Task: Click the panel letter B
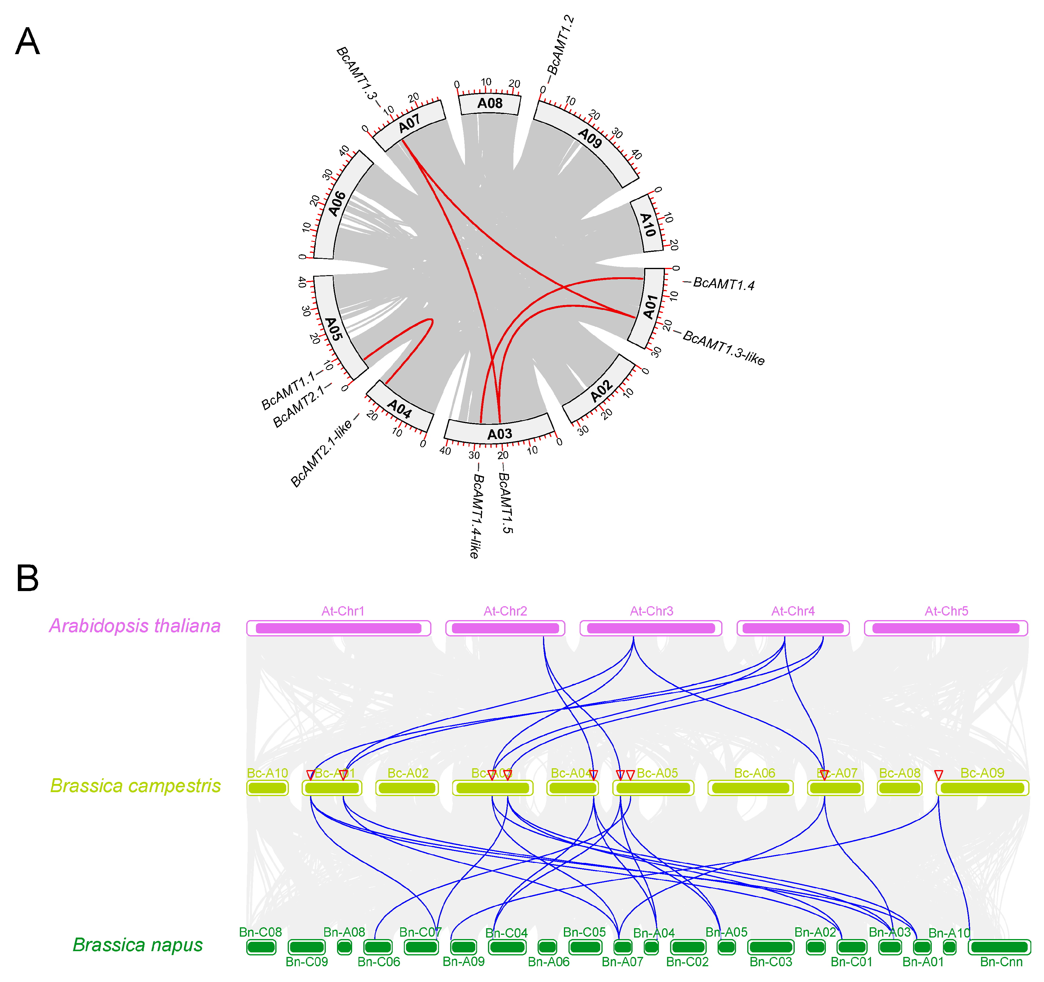click(x=27, y=578)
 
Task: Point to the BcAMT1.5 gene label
click(x=505, y=502)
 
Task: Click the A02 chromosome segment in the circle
click(x=600, y=391)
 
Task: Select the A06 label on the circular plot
click(x=337, y=204)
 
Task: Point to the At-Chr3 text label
click(x=651, y=611)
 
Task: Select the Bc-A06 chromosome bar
click(x=751, y=788)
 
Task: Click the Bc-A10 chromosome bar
click(x=267, y=788)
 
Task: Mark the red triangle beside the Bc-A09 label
click(x=938, y=775)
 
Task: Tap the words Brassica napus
click(x=138, y=945)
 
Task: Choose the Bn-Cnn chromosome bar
click(x=999, y=947)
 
